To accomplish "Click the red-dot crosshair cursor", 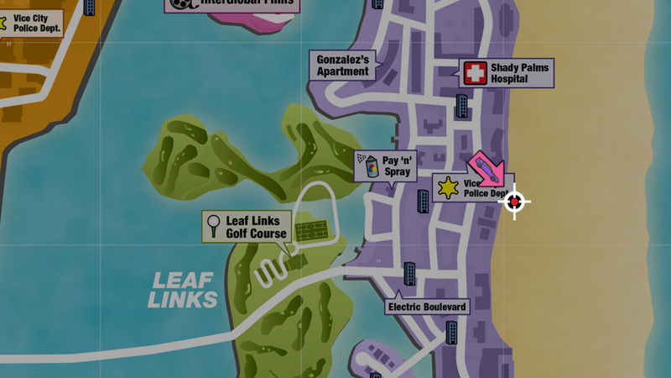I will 515,202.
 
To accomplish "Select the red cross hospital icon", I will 476,73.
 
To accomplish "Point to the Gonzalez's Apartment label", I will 342,66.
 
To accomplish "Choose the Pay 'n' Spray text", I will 397,165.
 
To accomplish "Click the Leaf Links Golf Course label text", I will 257,227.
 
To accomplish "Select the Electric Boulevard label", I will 426,307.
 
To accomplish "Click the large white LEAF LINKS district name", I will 182,290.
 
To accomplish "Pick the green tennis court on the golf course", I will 311,230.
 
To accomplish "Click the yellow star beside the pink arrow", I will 449,187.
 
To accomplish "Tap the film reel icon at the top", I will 179,3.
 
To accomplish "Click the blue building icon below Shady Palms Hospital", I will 461,106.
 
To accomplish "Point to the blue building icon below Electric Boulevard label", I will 451,331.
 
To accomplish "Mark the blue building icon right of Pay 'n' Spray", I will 423,201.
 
